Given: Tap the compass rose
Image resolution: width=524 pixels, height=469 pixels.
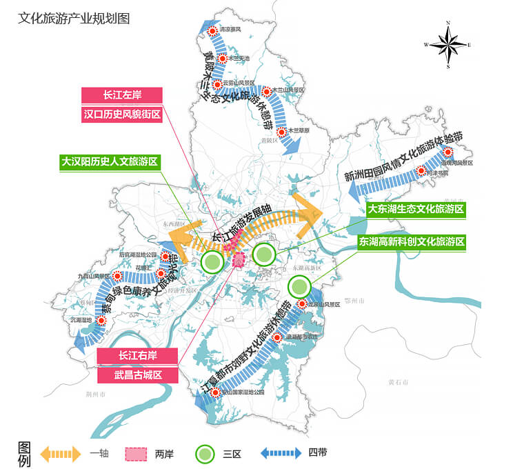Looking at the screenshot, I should coord(448,45).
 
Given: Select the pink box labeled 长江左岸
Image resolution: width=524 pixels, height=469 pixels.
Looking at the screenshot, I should coord(122,95).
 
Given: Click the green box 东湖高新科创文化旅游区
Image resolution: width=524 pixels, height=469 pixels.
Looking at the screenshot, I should coord(412,242).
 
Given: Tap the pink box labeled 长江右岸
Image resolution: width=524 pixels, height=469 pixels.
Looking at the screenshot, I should coord(138,356).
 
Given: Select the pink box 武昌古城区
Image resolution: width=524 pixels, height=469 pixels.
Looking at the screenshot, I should coord(138,375).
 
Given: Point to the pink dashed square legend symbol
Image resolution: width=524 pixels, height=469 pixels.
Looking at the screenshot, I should coord(136,454).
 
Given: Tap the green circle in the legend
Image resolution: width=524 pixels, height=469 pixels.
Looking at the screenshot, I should coord(206,454).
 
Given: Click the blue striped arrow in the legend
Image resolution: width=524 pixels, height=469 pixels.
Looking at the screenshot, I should coord(281,454).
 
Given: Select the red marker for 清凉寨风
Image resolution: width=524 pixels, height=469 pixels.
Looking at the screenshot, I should coord(214,30).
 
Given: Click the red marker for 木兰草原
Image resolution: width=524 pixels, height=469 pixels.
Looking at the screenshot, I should coord(281,131).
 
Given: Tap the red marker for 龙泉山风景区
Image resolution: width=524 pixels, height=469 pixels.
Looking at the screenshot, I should coord(302,304).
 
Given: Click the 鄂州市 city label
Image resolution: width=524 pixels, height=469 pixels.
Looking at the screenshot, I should coord(357,301).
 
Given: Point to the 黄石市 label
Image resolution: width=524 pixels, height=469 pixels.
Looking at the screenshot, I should coord(398,382).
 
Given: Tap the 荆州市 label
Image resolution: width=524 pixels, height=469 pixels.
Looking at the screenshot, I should coord(94,395).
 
